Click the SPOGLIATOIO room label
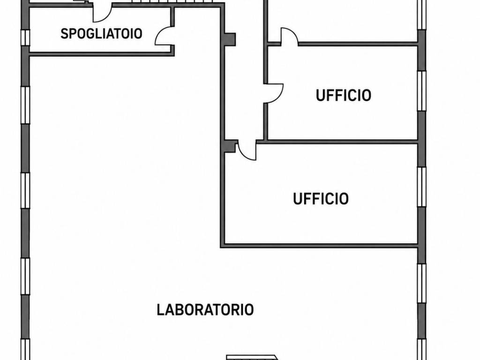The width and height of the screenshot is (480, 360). click(101, 34)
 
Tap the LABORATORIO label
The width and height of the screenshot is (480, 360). click(205, 310)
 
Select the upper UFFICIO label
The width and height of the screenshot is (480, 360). click(344, 95)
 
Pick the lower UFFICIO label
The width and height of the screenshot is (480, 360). click(321, 199)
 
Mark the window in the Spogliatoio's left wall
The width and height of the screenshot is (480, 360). click(25, 37)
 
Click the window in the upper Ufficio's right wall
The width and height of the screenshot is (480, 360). click(422, 90)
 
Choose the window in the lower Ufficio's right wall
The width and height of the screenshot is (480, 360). click(422, 187)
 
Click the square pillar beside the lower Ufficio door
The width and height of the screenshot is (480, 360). click(230, 146)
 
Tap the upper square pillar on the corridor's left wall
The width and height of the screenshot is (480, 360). click(230, 39)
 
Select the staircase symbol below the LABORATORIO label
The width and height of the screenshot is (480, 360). click(252, 357)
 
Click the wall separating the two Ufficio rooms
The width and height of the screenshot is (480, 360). click(341, 142)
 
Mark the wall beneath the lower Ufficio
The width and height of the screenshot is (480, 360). click(319, 246)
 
